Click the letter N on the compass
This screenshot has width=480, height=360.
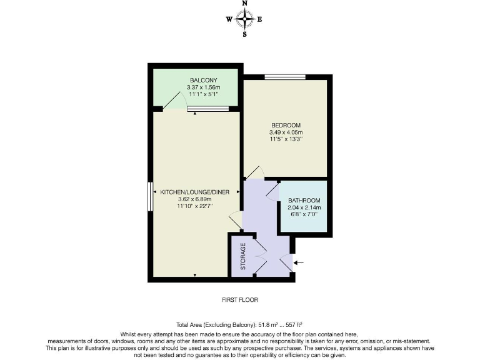click(244, 4)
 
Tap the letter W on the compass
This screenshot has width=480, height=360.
click(229, 19)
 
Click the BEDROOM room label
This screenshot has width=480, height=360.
click(286, 125)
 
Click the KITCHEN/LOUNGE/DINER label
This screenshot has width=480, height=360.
click(195, 191)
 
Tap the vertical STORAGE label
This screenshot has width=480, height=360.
click(244, 256)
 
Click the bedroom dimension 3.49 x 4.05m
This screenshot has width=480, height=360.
click(286, 132)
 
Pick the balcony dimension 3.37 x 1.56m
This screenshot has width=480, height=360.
click(203, 88)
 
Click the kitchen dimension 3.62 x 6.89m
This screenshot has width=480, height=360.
click(195, 199)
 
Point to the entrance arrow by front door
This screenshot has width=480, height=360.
click(299, 262)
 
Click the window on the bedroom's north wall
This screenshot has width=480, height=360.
click(284, 77)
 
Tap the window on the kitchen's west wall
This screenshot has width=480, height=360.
click(150, 197)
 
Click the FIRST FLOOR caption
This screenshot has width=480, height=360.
click(240, 300)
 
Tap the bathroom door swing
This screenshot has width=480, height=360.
click(272, 191)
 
